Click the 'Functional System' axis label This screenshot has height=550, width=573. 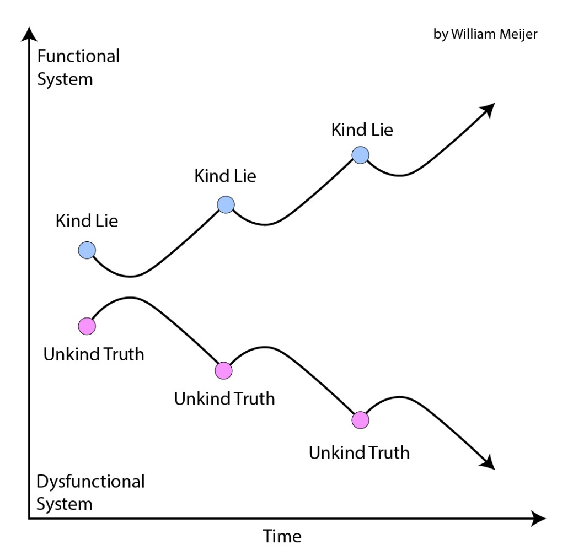(x=77, y=67)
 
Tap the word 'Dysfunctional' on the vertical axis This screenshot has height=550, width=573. (x=90, y=481)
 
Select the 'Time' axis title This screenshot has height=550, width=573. (x=282, y=536)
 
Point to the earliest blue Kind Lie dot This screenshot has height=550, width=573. (x=87, y=251)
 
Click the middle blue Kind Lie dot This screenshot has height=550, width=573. (x=226, y=205)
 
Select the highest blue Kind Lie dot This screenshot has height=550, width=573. (x=360, y=155)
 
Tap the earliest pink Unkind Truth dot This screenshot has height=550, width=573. (x=87, y=326)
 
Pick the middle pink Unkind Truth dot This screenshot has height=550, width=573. (x=224, y=371)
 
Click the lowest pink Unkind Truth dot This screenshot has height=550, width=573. (x=360, y=420)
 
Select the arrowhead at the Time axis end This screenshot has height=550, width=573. (x=537, y=518)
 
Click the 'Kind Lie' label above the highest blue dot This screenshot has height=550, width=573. (x=362, y=130)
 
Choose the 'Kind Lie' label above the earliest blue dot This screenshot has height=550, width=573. (x=87, y=221)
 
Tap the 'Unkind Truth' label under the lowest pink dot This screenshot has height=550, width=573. (x=359, y=453)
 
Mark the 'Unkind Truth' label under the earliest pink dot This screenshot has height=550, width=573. (x=94, y=354)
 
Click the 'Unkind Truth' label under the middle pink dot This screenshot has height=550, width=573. (x=224, y=398)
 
